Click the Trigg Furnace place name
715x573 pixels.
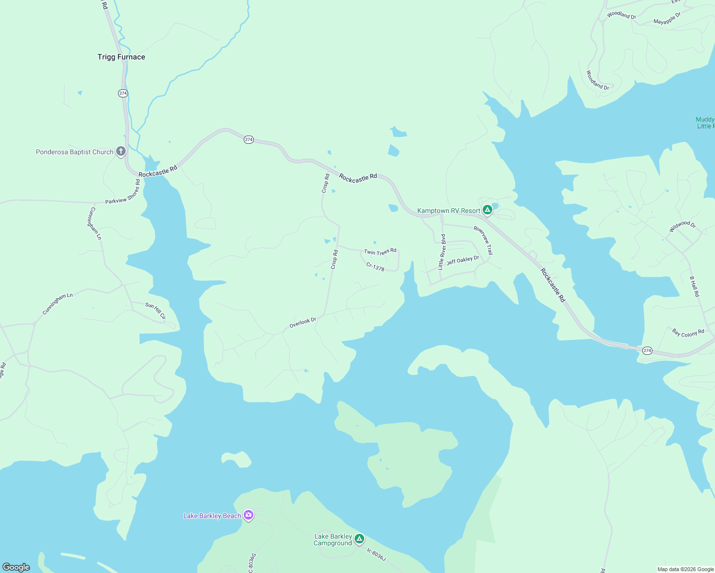tap(121, 57)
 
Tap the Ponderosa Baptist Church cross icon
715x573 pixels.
tap(121, 152)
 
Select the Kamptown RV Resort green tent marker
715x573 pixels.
tap(487, 210)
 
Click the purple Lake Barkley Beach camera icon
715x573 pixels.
tap(248, 515)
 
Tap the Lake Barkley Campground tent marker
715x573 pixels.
tap(359, 540)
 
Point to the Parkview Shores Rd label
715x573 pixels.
tap(123, 192)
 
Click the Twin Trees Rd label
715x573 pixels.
tap(380, 252)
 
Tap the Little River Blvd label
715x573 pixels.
tap(442, 252)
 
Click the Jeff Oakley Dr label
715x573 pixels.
tap(463, 260)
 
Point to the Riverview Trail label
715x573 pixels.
tap(483, 240)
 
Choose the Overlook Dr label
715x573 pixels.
tap(303, 323)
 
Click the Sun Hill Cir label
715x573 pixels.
tap(155, 311)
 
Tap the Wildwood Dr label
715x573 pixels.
tap(682, 226)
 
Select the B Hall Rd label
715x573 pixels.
tap(694, 286)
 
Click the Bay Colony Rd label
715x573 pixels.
tap(688, 333)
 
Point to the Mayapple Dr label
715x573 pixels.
tap(667, 19)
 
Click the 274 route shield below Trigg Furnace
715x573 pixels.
tap(123, 93)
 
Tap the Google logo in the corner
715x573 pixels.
tap(16, 567)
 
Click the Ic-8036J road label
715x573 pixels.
tap(376, 554)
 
